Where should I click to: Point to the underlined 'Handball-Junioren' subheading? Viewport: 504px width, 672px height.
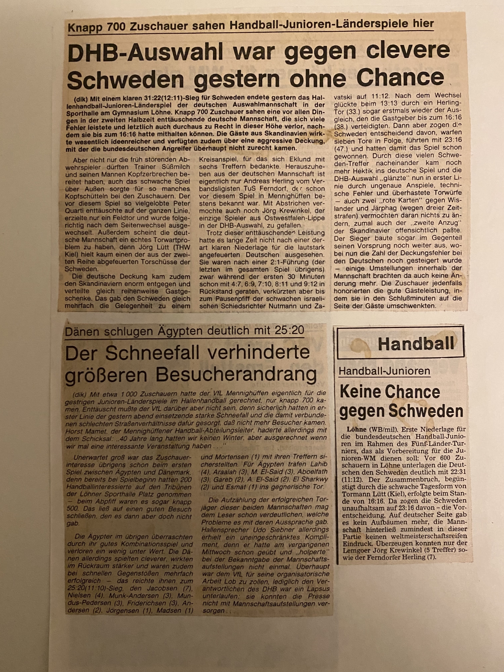[x=384, y=371]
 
